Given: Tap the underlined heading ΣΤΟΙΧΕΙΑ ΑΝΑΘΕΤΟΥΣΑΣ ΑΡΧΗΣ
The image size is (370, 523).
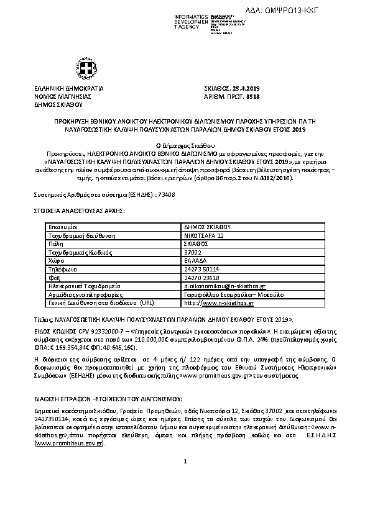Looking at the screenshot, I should point(79,211).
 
